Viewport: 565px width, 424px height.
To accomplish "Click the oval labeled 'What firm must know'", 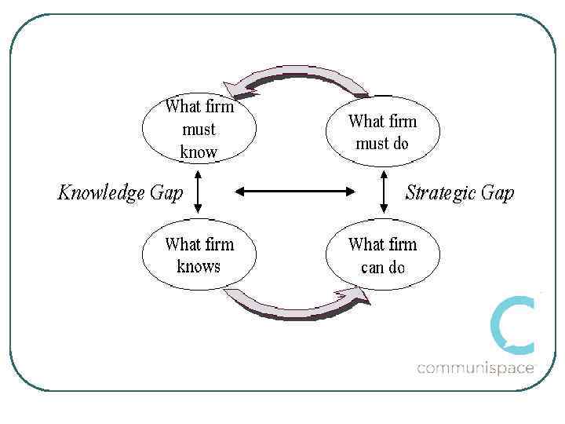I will pos(199,130).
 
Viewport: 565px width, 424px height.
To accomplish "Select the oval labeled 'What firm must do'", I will pos(383,132).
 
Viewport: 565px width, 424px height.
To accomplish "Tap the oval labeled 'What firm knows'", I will pos(199,255).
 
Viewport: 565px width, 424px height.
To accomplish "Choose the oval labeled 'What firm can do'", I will pos(383,255).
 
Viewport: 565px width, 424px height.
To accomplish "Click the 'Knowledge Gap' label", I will pos(120,192).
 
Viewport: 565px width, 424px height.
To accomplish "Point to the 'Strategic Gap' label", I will pos(460,192).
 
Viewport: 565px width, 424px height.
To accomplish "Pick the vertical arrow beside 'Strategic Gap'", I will pos(384,191).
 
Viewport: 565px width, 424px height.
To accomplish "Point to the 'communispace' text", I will pos(476,367).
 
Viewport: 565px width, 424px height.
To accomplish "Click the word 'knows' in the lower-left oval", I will pos(199,266).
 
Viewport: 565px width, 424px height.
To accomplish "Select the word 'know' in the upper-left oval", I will pos(199,152).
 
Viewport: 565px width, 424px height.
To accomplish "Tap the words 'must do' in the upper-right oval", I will pos(383,144).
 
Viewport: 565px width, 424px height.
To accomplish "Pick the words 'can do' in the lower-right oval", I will pos(383,267).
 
